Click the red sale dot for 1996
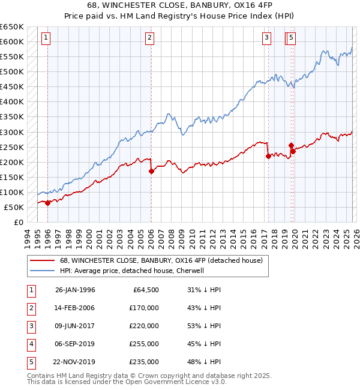click(48, 203)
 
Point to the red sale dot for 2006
click(151, 171)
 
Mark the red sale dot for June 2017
click(268, 156)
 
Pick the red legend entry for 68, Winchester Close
click(161, 260)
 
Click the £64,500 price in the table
click(145, 290)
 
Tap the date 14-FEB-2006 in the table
click(75, 308)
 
